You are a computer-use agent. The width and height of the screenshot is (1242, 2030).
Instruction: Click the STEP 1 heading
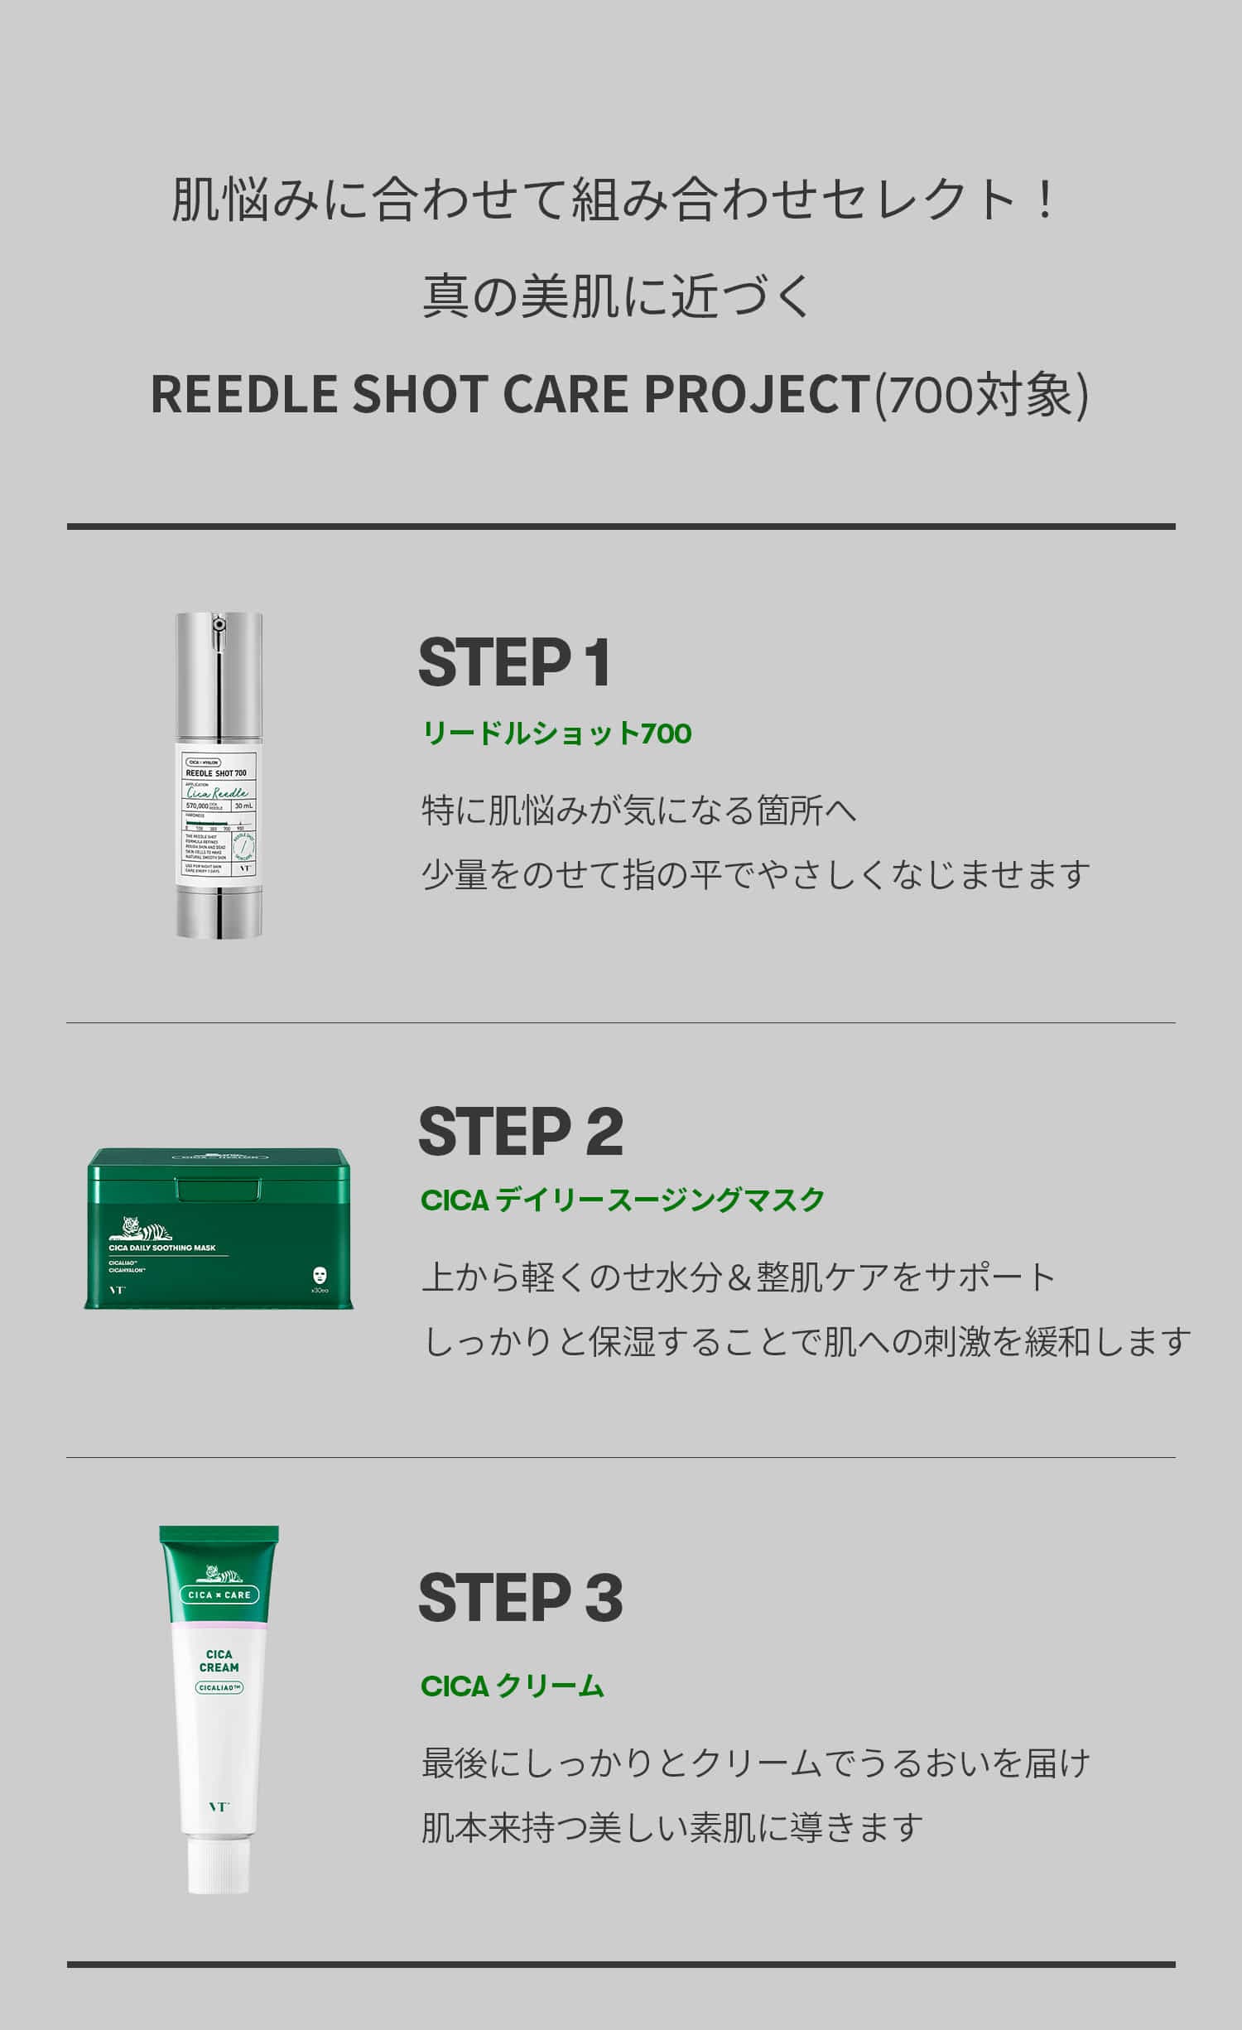coord(515,662)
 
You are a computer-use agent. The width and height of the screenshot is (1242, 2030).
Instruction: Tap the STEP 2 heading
coord(521,1132)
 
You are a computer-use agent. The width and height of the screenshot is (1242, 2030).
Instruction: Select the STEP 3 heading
coord(521,1599)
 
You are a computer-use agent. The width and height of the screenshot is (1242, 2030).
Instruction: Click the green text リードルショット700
coord(556,734)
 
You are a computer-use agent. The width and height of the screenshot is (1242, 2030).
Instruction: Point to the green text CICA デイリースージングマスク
coord(623,1200)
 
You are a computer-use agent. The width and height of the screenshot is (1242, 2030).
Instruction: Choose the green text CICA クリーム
coord(513,1686)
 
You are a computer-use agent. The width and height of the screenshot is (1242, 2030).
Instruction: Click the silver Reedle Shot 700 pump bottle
coord(219,775)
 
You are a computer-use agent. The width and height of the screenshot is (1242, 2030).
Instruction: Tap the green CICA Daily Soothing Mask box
coord(219,1228)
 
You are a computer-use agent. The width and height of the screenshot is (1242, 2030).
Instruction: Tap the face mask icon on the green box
coord(320,1273)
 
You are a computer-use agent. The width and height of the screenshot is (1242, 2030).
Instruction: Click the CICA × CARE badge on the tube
coord(219,1595)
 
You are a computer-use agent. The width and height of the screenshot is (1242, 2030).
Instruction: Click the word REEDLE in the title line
coord(244,393)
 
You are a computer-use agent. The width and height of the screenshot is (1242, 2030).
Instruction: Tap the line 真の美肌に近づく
coord(619,296)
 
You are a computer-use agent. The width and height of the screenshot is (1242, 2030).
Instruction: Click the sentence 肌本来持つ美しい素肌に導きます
coord(672,1827)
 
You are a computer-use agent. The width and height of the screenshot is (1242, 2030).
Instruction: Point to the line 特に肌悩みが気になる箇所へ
coord(638,811)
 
